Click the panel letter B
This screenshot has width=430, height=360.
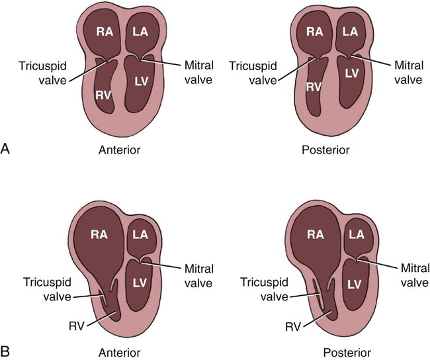[6, 346]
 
